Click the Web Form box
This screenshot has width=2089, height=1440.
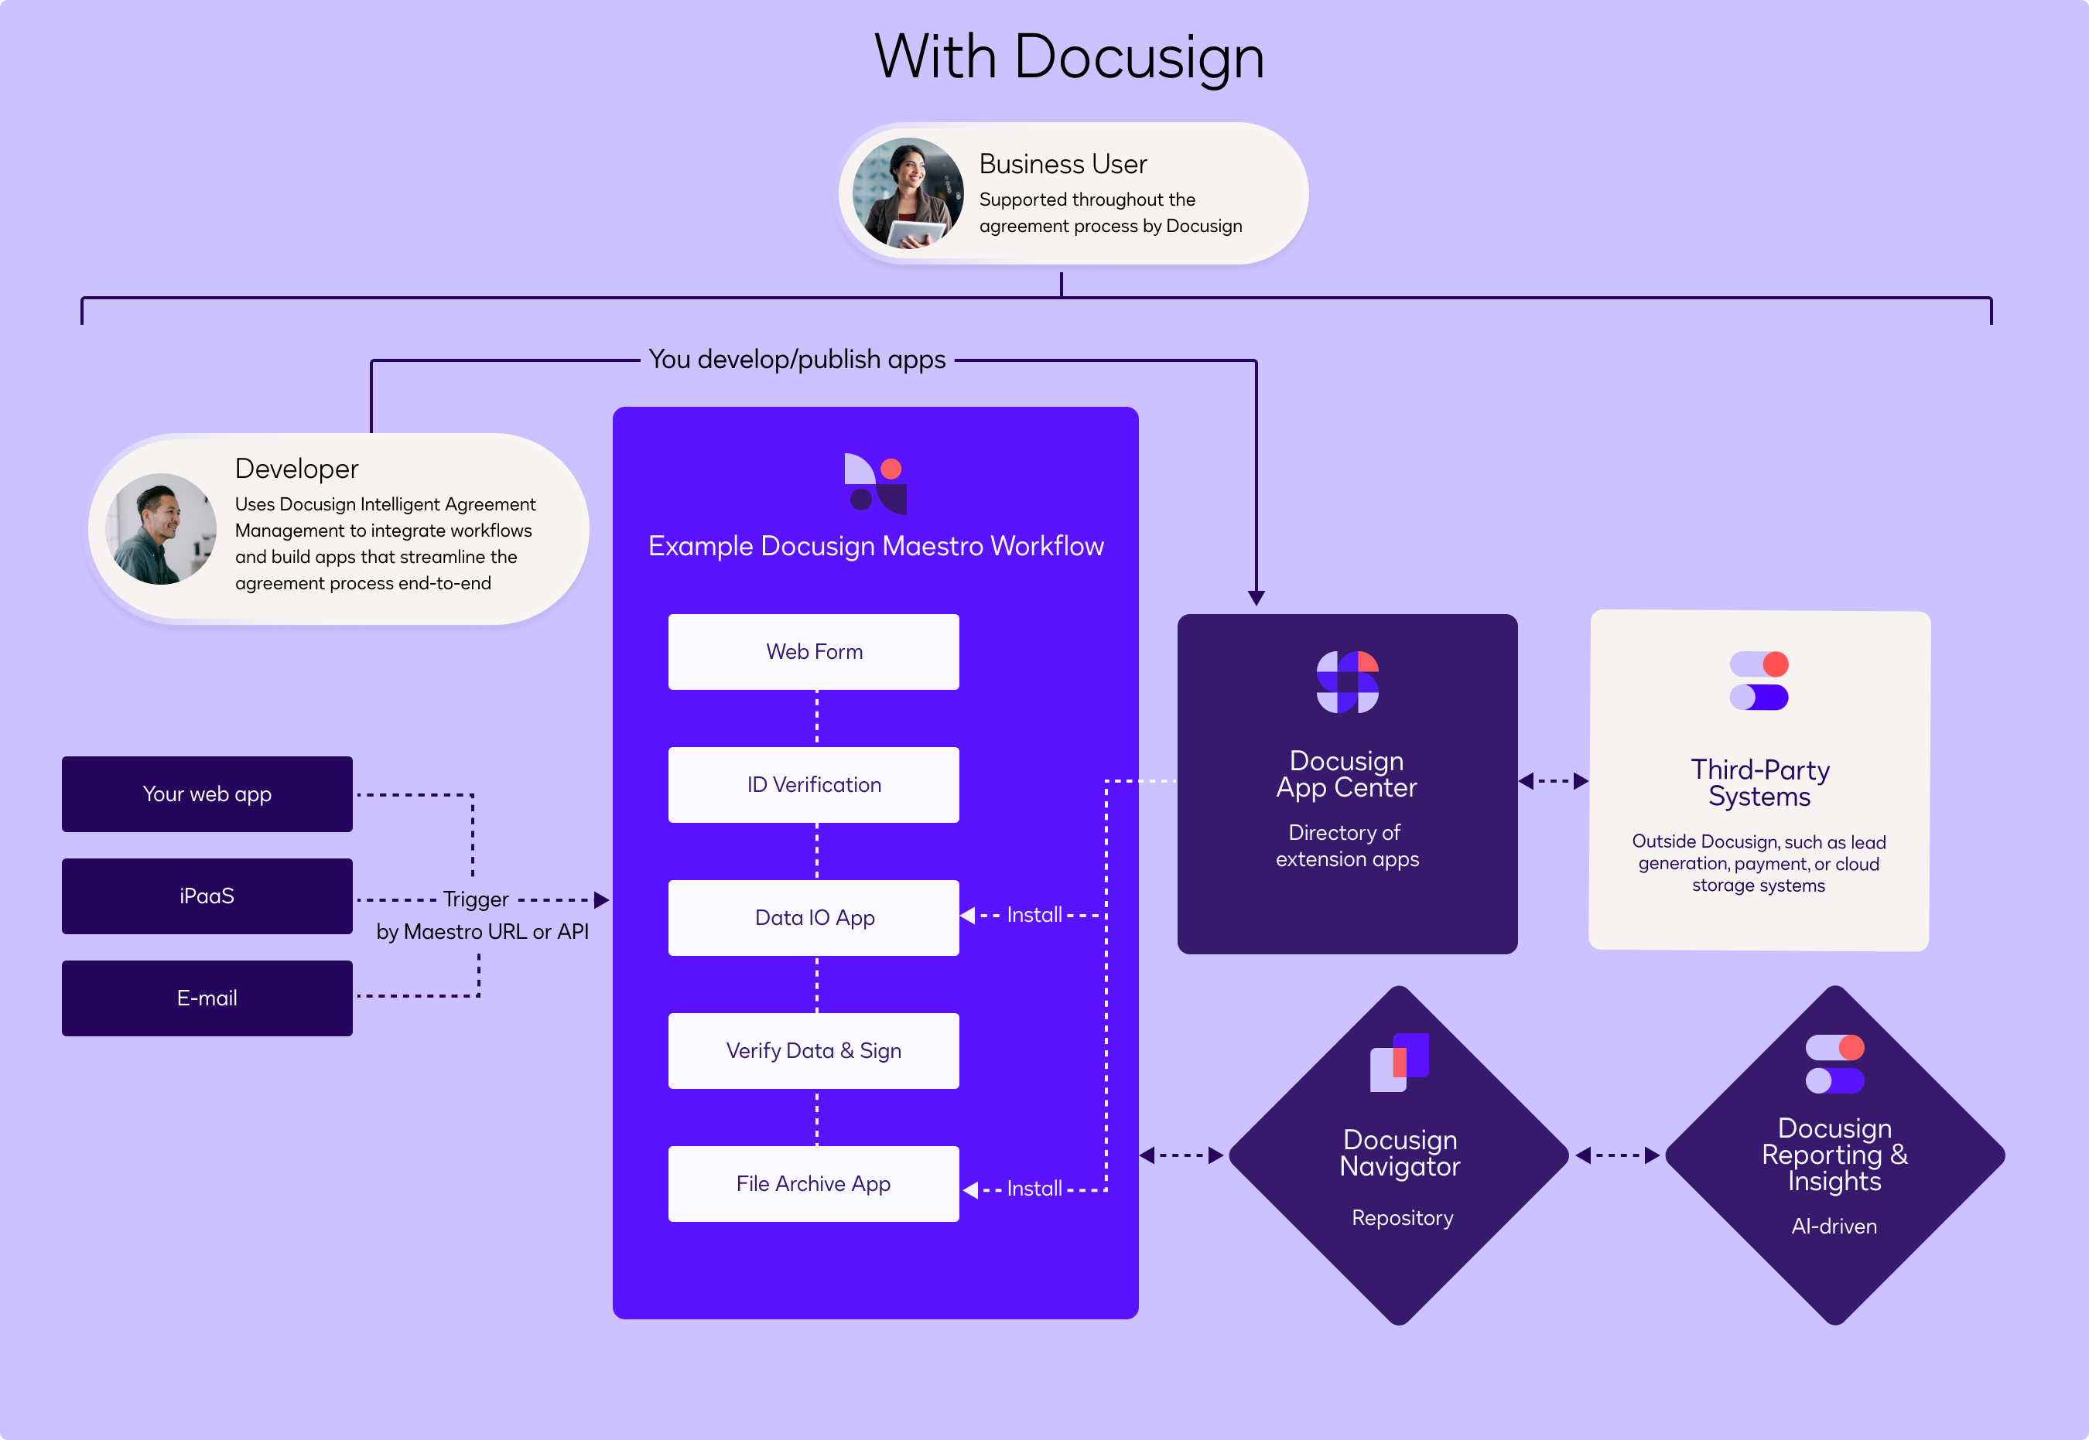pyautogui.click(x=813, y=651)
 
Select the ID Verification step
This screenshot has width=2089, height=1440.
pyautogui.click(x=813, y=784)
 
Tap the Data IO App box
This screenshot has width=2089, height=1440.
pyautogui.click(x=813, y=916)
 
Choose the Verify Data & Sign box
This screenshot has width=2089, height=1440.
pyautogui.click(x=813, y=1050)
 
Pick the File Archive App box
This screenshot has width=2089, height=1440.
pyautogui.click(x=813, y=1183)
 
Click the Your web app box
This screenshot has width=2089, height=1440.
pyautogui.click(x=207, y=794)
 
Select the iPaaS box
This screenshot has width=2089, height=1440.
pyautogui.click(x=207, y=896)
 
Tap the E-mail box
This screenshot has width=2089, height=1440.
pyautogui.click(x=207, y=998)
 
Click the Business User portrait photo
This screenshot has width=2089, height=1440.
pyautogui.click(x=908, y=193)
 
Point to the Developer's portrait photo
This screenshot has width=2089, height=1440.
pyautogui.click(x=161, y=529)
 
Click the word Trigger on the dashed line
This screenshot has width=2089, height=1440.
pyautogui.click(x=476, y=899)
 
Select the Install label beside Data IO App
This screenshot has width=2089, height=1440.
pyautogui.click(x=1034, y=915)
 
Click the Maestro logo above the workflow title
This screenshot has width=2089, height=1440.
pyautogui.click(x=875, y=483)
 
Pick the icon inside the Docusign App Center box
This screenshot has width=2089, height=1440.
pyautogui.click(x=1347, y=682)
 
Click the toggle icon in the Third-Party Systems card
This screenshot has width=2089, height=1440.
pyautogui.click(x=1759, y=681)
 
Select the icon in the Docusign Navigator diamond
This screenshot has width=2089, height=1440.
pyautogui.click(x=1400, y=1062)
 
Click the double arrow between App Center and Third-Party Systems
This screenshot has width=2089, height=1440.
pyautogui.click(x=1553, y=781)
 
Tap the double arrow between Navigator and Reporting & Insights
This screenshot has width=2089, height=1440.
pyautogui.click(x=1617, y=1155)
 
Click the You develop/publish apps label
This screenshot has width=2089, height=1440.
pyautogui.click(x=797, y=359)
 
